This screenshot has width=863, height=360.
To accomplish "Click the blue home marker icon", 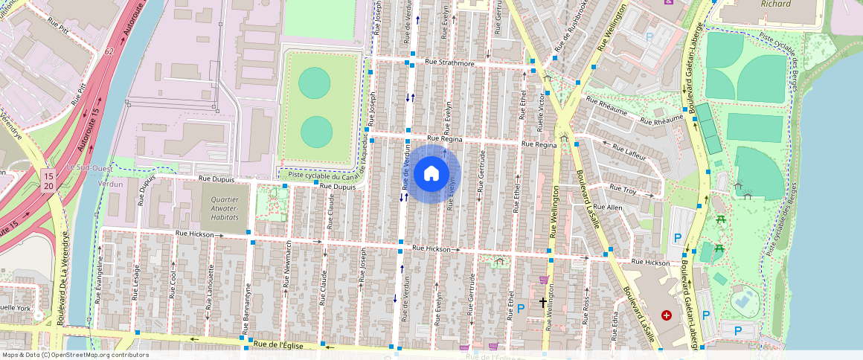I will pyautogui.click(x=431, y=174).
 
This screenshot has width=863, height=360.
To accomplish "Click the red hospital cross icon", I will pyautogui.click(x=666, y=315).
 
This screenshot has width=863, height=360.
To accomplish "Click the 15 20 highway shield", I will pyautogui.click(x=48, y=181).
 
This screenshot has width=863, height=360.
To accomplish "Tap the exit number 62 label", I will pyautogui.click(x=109, y=51).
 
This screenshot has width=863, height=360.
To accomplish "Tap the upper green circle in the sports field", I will pyautogui.click(x=315, y=83).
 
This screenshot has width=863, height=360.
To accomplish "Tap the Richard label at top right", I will pyautogui.click(x=775, y=4).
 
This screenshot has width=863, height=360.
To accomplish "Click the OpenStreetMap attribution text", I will pyautogui.click(x=74, y=355).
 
